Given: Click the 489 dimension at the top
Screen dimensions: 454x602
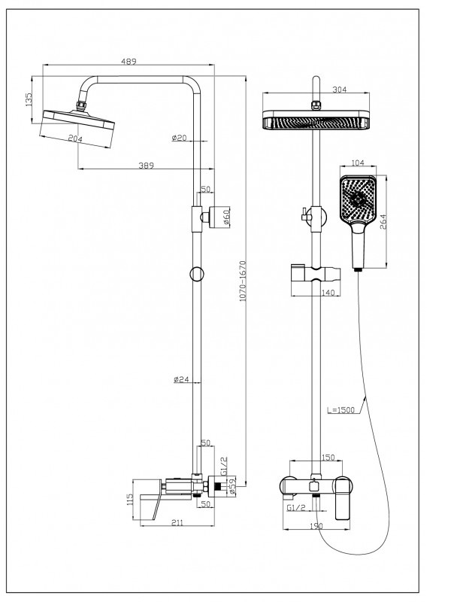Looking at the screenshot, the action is click(129, 61).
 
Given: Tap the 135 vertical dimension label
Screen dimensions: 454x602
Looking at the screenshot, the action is click(29, 99).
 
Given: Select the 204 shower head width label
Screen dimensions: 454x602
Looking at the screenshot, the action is click(75, 138).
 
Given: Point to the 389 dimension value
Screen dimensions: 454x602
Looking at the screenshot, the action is click(146, 166).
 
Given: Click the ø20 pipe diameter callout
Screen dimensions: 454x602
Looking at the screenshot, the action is click(180, 138).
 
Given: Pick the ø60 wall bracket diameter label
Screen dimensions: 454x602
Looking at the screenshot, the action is click(225, 217).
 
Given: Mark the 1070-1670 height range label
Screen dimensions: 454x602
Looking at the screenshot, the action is click(242, 281).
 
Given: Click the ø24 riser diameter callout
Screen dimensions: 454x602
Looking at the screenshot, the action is click(181, 379).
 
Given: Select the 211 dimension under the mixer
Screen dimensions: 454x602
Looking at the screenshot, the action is click(177, 522).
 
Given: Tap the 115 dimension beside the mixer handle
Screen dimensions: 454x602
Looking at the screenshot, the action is click(129, 500).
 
